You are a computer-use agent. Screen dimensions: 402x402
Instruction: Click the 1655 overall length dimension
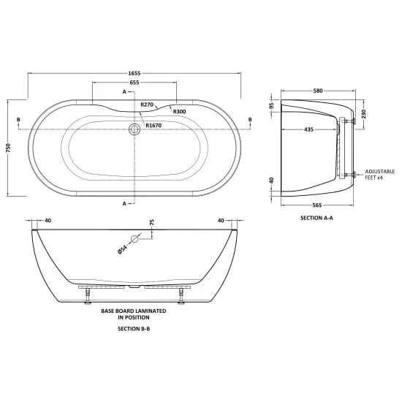pyautogui.click(x=134, y=73)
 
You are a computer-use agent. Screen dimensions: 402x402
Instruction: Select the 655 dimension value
pyautogui.click(x=134, y=83)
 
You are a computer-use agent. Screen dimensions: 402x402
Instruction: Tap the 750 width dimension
pyautogui.click(x=8, y=148)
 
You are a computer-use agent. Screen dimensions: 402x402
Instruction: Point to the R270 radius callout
pyautogui.click(x=147, y=105)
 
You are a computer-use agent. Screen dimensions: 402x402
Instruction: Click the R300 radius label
pyautogui.click(x=180, y=112)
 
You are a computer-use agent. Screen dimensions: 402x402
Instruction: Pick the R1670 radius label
pyautogui.click(x=153, y=126)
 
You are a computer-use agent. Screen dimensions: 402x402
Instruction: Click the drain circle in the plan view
pyautogui.click(x=134, y=129)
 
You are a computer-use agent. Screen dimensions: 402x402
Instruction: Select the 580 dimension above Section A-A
pyautogui.click(x=318, y=91)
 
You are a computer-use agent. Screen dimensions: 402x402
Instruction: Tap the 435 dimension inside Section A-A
pyautogui.click(x=309, y=129)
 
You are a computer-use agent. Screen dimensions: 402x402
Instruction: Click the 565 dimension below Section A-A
pyautogui.click(x=317, y=205)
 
